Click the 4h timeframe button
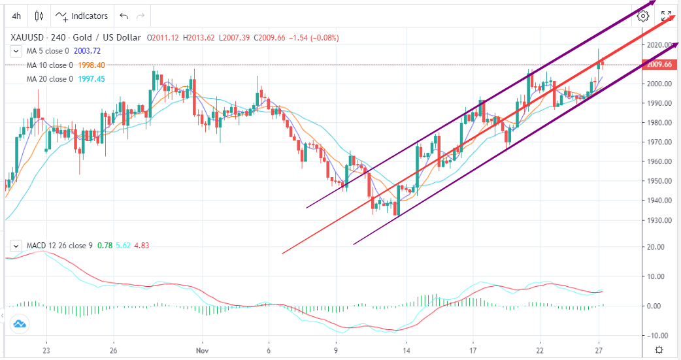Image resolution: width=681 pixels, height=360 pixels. point(16,16)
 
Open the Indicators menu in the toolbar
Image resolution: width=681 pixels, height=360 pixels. point(82,16)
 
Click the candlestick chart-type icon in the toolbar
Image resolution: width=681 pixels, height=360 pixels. point(39,16)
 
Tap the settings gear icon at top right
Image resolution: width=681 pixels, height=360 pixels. point(644,16)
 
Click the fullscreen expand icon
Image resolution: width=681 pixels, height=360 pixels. point(666,16)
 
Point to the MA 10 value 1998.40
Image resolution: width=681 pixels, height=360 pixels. point(91,65)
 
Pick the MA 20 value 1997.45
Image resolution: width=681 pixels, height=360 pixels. point(91,79)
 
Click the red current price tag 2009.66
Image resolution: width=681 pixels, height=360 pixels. point(659,65)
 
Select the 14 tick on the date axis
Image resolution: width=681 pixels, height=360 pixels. point(407,350)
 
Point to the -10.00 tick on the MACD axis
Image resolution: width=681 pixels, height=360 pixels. point(657,335)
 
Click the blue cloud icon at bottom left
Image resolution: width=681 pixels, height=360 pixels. point(19,323)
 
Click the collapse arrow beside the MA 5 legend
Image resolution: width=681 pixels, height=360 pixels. point(16,51)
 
